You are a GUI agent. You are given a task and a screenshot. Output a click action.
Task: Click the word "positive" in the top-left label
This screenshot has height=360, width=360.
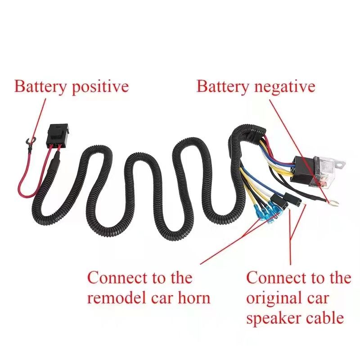(100, 87)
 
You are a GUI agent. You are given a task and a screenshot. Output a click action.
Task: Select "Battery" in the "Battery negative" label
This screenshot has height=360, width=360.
(223, 87)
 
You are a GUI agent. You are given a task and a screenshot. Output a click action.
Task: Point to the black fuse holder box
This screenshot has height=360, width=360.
(57, 136)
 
